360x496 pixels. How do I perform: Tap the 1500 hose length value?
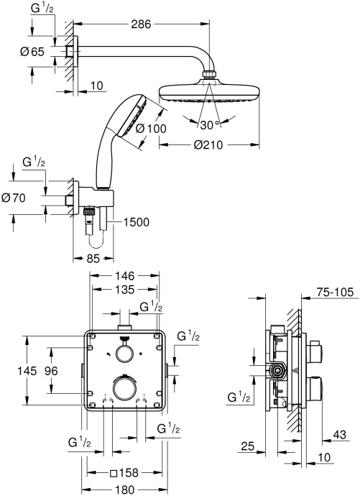135,221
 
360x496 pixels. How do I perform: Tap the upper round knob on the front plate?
125,352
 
